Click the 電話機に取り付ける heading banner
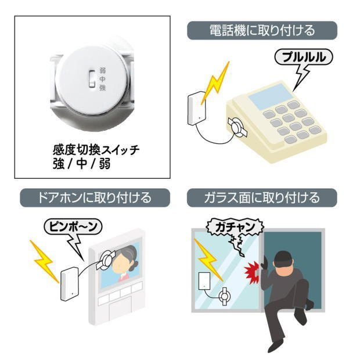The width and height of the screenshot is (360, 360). (x=262, y=31)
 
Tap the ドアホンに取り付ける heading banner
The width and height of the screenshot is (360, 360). (x=95, y=197)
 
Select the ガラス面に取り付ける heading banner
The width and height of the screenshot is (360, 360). (x=262, y=197)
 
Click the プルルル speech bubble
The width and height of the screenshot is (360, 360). (x=304, y=57)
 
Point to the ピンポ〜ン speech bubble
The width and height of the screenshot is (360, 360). (x=73, y=226)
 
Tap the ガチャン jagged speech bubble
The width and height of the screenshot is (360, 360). (x=235, y=227)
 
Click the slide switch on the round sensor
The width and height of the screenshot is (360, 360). (x=92, y=79)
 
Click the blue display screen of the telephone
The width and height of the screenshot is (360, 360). (x=271, y=96)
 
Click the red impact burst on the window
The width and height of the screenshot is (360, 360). (x=251, y=272)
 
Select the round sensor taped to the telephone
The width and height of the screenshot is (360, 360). (x=237, y=127)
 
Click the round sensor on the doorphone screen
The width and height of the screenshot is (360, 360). (x=106, y=260)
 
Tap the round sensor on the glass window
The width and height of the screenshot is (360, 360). (x=225, y=296)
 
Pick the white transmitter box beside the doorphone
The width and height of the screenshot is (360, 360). (x=70, y=284)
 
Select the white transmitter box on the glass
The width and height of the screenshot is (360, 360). (x=204, y=281)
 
